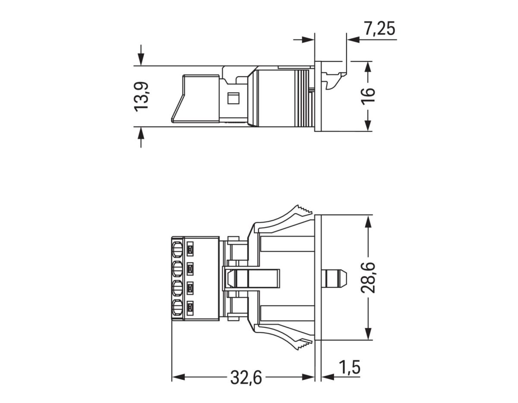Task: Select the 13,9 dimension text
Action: pyautogui.click(x=141, y=96)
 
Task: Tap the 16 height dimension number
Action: pyautogui.click(x=368, y=96)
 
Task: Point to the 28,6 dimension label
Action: pyautogui.click(x=368, y=277)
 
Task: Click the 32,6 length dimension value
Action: pyautogui.click(x=246, y=378)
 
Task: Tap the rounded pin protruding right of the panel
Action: pyautogui.click(x=336, y=278)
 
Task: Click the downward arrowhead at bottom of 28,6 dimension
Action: pyautogui.click(x=368, y=334)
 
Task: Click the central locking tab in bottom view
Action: pyautogui.click(x=253, y=278)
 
